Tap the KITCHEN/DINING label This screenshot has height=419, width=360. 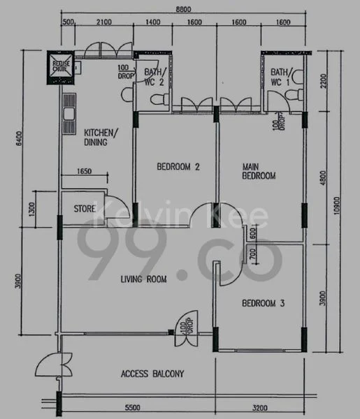tap(101, 136)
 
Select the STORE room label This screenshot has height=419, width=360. tap(85, 208)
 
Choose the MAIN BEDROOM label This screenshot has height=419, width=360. tap(258, 171)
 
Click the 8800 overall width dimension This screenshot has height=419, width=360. tap(184, 8)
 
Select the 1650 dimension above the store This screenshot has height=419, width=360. tap(85, 170)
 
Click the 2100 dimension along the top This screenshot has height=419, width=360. tap(103, 22)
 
